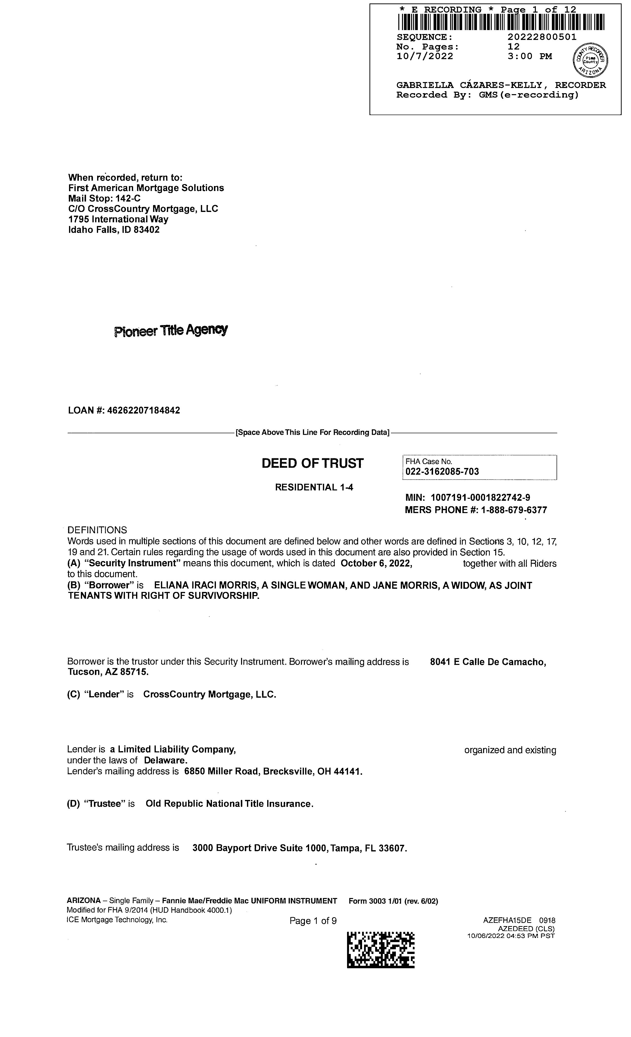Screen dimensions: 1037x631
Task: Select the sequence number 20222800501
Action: click(x=542, y=37)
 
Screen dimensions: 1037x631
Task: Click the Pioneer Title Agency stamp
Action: click(x=171, y=330)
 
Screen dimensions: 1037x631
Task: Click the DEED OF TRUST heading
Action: click(x=312, y=463)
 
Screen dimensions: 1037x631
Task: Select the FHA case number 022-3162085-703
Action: click(x=442, y=472)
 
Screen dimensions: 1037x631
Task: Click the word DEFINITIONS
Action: click(x=97, y=530)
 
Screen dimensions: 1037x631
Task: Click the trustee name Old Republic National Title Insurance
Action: click(x=229, y=804)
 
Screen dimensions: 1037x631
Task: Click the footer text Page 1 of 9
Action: click(x=313, y=921)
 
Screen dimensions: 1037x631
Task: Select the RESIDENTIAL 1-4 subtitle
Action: click(x=314, y=487)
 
